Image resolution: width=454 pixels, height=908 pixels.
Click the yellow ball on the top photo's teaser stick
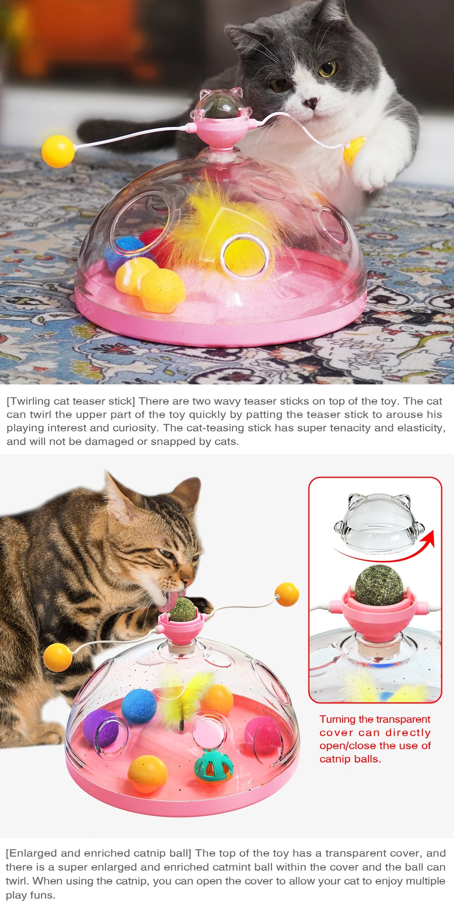(x=58, y=151)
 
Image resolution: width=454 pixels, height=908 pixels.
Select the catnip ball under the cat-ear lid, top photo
(x=220, y=107)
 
